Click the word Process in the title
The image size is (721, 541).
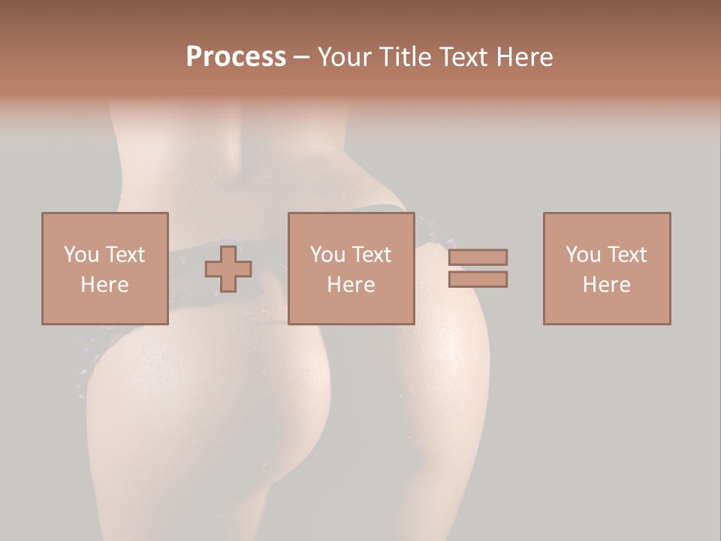pyautogui.click(x=236, y=57)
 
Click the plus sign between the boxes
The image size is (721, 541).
pyautogui.click(x=228, y=269)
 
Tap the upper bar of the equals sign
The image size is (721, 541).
pyautogui.click(x=478, y=257)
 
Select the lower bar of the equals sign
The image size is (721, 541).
pyautogui.click(x=478, y=280)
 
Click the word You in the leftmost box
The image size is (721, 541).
pyautogui.click(x=81, y=255)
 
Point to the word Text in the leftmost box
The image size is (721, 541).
pyautogui.click(x=125, y=255)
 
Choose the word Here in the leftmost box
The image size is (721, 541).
pyautogui.click(x=104, y=285)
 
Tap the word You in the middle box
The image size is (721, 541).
pyautogui.click(x=327, y=255)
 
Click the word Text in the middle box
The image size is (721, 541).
pyautogui.click(x=371, y=255)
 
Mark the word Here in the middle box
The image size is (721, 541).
pyautogui.click(x=351, y=285)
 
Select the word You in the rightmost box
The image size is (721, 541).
pyautogui.click(x=583, y=255)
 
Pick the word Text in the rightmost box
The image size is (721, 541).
pyautogui.click(x=626, y=255)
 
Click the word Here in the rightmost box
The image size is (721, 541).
pyautogui.click(x=606, y=285)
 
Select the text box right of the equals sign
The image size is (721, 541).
pyautogui.click(x=607, y=308)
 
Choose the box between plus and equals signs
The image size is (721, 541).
pyautogui.click(x=351, y=308)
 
